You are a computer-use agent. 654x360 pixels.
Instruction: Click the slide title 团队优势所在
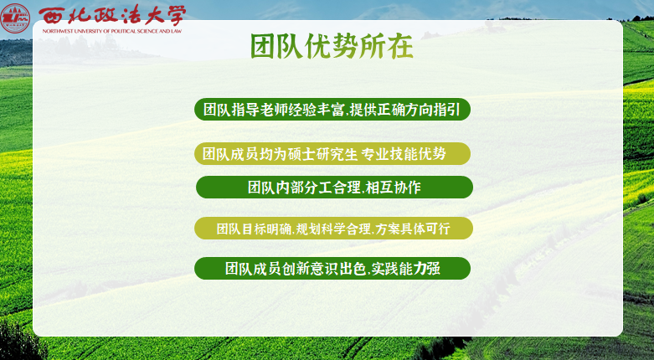pos(332,47)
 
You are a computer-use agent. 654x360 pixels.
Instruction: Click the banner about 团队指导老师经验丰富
pos(332,110)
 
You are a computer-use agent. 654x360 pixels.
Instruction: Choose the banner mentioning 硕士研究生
pos(332,154)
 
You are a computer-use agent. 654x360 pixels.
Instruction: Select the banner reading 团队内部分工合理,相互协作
pos(334,188)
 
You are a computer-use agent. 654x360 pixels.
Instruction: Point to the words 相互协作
pos(394,188)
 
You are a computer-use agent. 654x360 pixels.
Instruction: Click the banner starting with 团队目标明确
pos(334,228)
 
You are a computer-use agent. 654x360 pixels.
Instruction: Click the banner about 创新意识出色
pos(332,269)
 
